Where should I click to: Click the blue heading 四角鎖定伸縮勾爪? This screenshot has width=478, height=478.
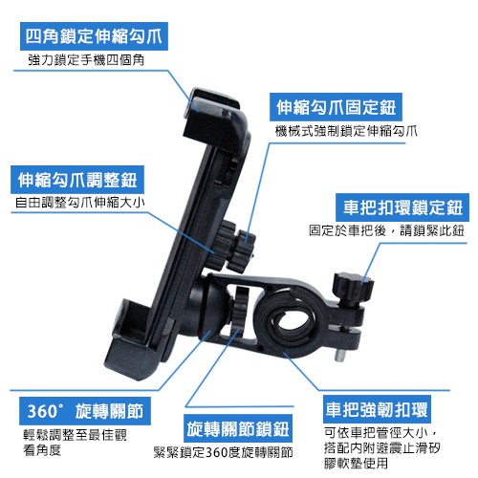tap(94, 36)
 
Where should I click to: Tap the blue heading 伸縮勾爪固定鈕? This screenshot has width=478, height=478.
tap(336, 107)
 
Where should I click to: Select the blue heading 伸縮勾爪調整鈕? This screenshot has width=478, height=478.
tap(77, 180)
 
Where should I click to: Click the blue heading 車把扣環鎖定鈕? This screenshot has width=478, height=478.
tap(402, 207)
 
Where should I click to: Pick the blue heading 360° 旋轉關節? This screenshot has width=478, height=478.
tap(85, 411)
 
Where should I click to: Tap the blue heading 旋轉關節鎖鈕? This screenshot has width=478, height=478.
tap(238, 428)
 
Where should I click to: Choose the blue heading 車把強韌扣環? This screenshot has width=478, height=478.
tap(377, 409)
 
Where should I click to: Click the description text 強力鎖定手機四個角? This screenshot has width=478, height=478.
tap(86, 59)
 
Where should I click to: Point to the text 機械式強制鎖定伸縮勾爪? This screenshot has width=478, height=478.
tap(346, 131)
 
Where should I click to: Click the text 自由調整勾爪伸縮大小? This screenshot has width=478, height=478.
tap(80, 203)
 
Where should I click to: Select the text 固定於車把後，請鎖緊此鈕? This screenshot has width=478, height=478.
tap(386, 230)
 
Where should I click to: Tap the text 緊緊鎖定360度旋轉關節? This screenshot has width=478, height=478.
tap(224, 452)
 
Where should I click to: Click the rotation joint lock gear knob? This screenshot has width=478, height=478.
tap(240, 306)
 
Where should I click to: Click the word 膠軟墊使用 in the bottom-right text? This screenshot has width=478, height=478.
tap(356, 463)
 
